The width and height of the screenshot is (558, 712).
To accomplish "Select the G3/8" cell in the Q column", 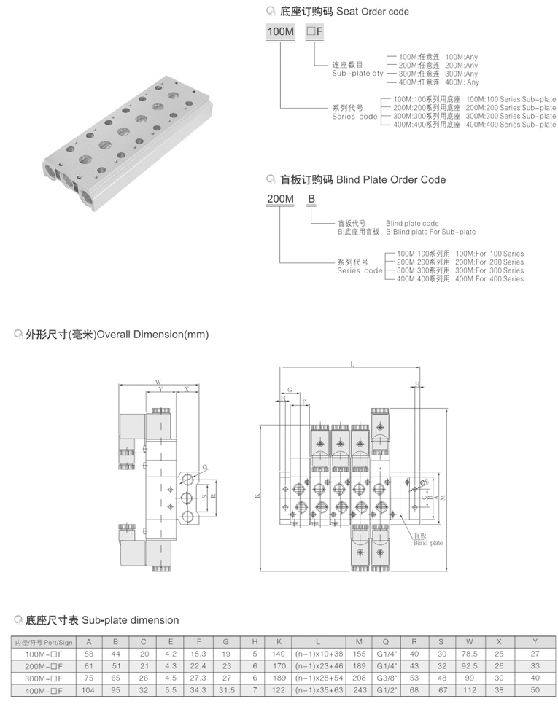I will pyautogui.click(x=384, y=677).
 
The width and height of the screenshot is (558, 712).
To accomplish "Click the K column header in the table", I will pyautogui.click(x=278, y=642).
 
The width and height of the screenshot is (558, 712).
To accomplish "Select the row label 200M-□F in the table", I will pyautogui.click(x=44, y=665).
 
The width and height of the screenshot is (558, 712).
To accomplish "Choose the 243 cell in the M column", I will pyautogui.click(x=359, y=689).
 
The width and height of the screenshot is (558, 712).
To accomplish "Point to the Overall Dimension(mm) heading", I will pyautogui.click(x=153, y=335).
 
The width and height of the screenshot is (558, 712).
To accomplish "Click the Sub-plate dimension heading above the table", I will pyautogui.click(x=130, y=620).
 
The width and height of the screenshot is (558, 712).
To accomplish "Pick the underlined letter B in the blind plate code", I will pyautogui.click(x=311, y=198).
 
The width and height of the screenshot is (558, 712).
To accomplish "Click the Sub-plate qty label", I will pyautogui.click(x=357, y=74).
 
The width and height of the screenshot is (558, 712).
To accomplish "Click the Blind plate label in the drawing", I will pyautogui.click(x=428, y=543).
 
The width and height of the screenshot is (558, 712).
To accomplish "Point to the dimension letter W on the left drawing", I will pyautogui.click(x=158, y=381).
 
